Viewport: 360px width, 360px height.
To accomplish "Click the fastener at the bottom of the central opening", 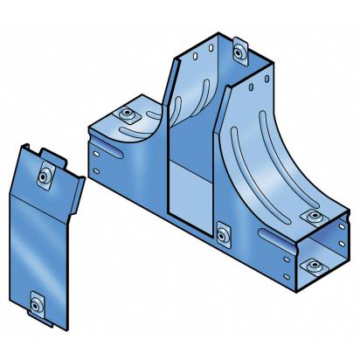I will (x=223, y=233).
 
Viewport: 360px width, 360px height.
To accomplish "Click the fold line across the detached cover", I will (x=48, y=203).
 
